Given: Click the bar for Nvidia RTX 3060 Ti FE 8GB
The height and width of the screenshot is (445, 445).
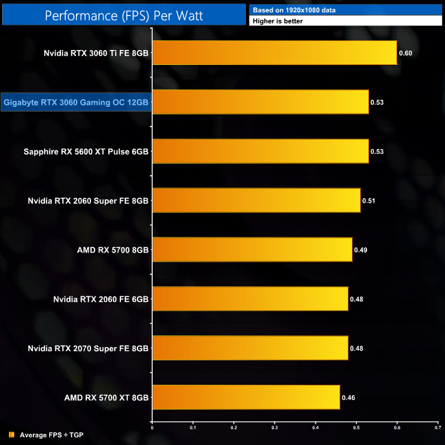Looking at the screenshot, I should pyautogui.click(x=274, y=53).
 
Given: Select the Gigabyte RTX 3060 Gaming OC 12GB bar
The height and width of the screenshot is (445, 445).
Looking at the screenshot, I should pyautogui.click(x=260, y=102).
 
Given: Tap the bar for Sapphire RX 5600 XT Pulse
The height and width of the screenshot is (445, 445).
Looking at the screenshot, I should pyautogui.click(x=260, y=151).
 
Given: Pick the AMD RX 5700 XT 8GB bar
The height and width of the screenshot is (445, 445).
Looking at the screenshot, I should pyautogui.click(x=246, y=397).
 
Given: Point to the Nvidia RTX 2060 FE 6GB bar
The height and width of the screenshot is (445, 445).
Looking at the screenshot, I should pyautogui.click(x=250, y=298).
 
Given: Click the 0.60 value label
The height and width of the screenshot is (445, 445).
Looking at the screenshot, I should pyautogui.click(x=405, y=53).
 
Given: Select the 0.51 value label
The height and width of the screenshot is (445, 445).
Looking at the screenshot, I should pyautogui.click(x=368, y=201).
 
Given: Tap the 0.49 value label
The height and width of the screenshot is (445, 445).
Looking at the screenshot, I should pyautogui.click(x=360, y=250).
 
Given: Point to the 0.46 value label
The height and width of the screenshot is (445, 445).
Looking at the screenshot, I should pyautogui.click(x=348, y=397).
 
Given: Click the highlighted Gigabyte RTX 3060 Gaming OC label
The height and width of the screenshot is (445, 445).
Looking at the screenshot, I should pyautogui.click(x=76, y=103).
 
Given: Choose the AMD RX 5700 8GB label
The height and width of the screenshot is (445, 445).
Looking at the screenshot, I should pyautogui.click(x=113, y=250).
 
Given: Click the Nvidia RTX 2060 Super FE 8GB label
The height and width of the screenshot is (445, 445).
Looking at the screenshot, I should pyautogui.click(x=88, y=201).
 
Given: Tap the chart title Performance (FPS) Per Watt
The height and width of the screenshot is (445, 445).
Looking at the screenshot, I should pyautogui.click(x=123, y=14).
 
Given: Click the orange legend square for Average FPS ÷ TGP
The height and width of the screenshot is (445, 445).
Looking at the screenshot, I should pyautogui.click(x=12, y=434).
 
